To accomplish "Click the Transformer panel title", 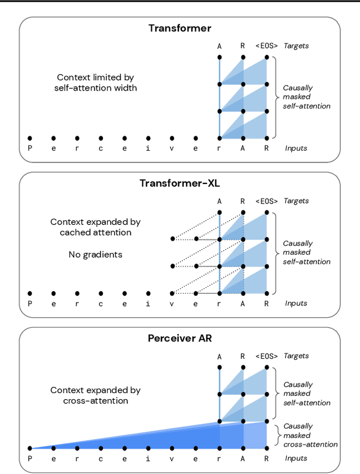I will (179, 28).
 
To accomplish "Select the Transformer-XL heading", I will (179, 183).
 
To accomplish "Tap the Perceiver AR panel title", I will (179, 338).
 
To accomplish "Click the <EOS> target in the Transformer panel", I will (267, 46).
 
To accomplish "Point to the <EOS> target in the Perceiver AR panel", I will (267, 356).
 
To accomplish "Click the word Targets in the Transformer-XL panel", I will (297, 201).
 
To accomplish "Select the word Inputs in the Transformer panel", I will (296, 148).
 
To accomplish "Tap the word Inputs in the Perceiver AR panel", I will (296, 458).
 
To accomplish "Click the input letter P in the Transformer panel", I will (30, 148).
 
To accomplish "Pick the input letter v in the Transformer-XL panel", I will (172, 304).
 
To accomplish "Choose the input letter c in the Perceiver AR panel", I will (101, 458).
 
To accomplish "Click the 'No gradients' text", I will (96, 255).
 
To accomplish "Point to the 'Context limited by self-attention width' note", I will (96, 83).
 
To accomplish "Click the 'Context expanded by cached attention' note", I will (96, 227).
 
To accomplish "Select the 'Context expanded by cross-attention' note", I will (96, 395).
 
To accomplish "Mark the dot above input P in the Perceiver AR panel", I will (30, 448).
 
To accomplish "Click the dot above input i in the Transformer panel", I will (148, 138).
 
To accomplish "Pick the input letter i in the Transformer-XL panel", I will (148, 304).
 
